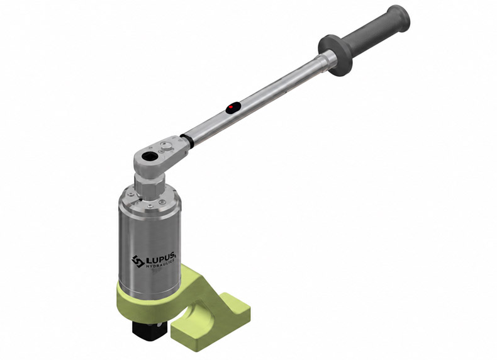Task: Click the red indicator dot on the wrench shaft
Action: [x=232, y=108]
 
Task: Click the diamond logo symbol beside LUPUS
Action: [x=138, y=262]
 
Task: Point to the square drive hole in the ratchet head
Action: [x=148, y=155]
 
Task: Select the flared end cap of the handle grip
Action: [x=399, y=18]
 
